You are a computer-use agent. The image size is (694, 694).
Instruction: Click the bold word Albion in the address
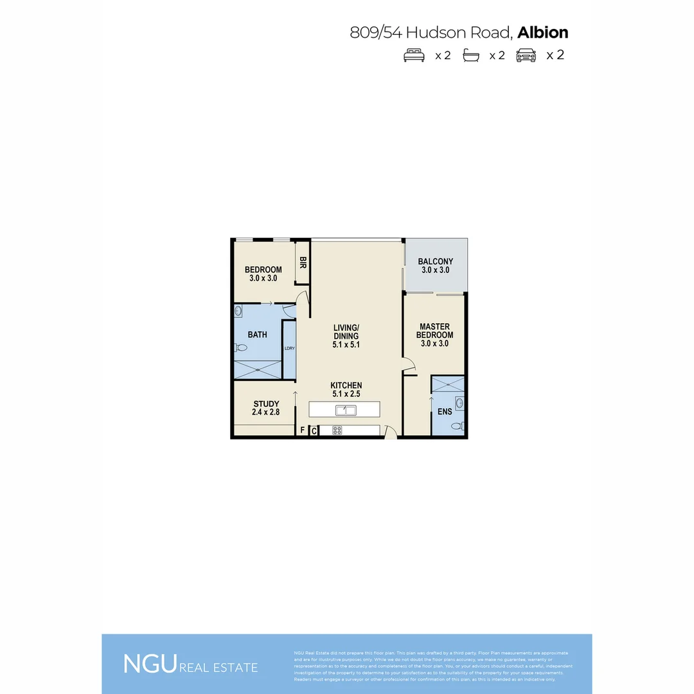coord(543,32)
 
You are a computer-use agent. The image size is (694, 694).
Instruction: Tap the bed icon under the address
coord(414,55)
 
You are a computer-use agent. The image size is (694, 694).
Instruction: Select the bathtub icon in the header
coord(473,55)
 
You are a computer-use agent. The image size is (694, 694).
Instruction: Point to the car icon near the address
coord(526,55)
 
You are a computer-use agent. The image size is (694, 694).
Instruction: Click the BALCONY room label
coord(436,262)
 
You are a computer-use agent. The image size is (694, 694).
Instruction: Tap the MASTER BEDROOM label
coord(435,331)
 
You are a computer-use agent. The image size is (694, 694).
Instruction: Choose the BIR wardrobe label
coord(303,263)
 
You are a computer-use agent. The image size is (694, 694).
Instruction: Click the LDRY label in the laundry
coord(289,349)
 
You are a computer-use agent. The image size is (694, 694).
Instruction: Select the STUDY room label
coord(266,404)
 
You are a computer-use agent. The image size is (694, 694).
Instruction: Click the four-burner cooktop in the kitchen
coord(337,431)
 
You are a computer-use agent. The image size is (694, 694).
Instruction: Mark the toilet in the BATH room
coord(240,348)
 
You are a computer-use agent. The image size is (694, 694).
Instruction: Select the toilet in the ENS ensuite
coord(457,425)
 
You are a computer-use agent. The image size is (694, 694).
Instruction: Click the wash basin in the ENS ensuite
coord(459,404)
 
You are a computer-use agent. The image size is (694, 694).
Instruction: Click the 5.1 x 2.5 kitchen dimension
coord(346,394)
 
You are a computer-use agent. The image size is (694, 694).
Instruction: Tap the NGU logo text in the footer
coord(150,664)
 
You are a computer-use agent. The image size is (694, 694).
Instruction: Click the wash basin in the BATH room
coord(238,312)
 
